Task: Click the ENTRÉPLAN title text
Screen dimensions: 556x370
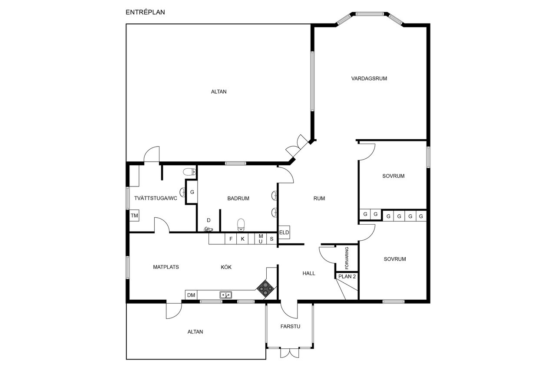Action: pos(145,12)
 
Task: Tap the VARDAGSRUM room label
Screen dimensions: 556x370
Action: pos(369,79)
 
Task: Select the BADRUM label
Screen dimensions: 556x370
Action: pos(238,198)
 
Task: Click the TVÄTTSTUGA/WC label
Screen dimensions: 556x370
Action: pos(156,198)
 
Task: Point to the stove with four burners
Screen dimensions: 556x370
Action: pos(265,288)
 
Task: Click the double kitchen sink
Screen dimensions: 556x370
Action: pos(225,295)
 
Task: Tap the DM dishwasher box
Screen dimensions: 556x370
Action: pos(191,295)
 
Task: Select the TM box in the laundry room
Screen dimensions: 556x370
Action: pos(134,216)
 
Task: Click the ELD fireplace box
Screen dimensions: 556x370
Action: pos(284,232)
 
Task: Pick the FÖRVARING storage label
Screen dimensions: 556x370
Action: pos(347,258)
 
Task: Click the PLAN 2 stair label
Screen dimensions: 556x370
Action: pos(347,276)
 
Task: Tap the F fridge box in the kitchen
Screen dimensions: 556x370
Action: pos(231,239)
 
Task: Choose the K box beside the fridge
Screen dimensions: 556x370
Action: pos(242,239)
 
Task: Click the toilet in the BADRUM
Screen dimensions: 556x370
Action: pos(241,225)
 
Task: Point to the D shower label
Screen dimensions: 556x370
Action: pos(208,220)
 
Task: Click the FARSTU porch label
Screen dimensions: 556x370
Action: pos(290,326)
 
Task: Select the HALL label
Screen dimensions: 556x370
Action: pos(309,273)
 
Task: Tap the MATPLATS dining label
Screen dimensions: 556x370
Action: pos(166,267)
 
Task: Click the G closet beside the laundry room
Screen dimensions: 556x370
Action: pos(192,192)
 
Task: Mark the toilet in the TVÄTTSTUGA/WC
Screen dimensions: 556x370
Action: pos(189,171)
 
